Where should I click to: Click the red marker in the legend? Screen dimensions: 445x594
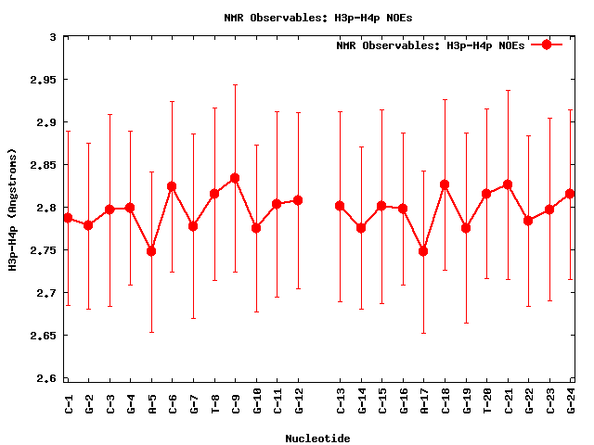(547, 44)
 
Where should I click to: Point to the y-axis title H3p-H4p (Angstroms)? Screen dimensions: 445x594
(14, 208)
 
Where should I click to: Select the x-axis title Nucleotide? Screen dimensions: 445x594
(317, 438)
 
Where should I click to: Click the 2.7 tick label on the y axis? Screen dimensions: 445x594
(44, 293)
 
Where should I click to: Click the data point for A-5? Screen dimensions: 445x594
(151, 251)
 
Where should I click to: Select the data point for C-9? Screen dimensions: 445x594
(235, 178)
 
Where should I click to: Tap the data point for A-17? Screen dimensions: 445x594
(423, 251)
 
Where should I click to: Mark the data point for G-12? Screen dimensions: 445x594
(298, 200)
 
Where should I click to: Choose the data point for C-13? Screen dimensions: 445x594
(340, 206)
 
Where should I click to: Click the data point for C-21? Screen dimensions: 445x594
(508, 184)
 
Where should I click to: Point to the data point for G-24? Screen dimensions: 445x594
(570, 194)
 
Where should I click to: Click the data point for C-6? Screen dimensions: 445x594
(172, 186)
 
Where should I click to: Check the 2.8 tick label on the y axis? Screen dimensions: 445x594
(44, 208)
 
